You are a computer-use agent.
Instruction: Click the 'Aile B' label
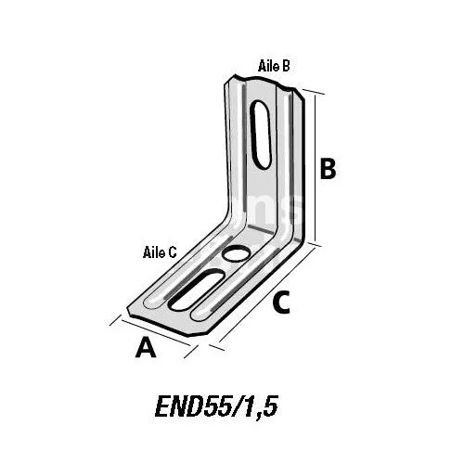click(x=274, y=66)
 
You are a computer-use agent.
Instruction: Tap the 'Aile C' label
click(x=160, y=252)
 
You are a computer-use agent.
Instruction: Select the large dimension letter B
click(x=328, y=169)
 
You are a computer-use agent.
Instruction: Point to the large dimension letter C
click(x=282, y=303)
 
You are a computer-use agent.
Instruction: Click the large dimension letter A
click(x=146, y=348)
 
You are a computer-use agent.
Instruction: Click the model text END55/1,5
click(x=216, y=406)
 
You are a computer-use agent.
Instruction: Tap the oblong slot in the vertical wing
click(x=261, y=135)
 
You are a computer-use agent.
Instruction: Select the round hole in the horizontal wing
click(x=236, y=252)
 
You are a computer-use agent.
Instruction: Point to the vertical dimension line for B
click(x=316, y=169)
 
